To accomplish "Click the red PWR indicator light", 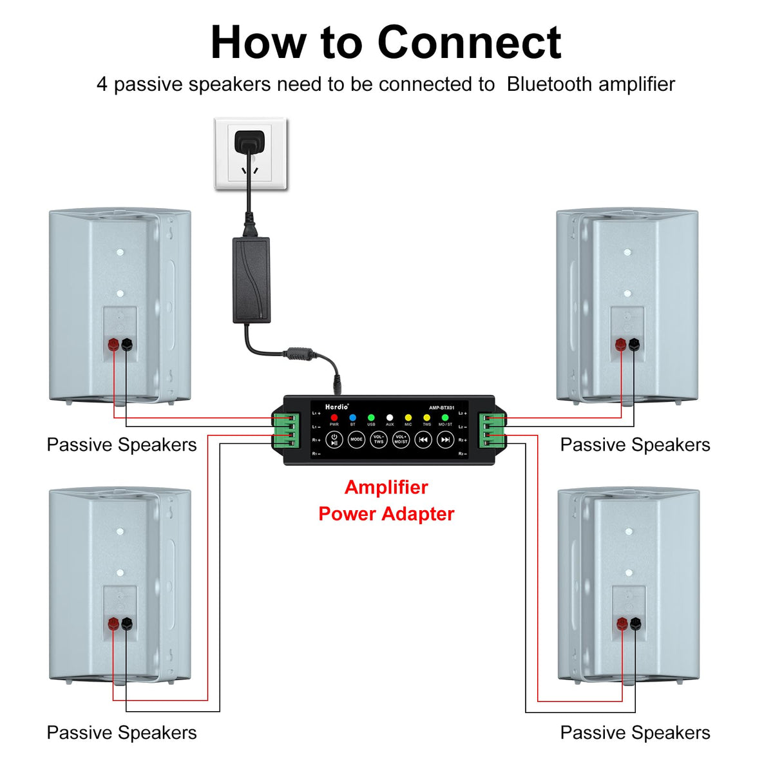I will click(334, 417).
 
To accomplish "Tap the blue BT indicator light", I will click(352, 417).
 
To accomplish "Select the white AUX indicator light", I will click(389, 417).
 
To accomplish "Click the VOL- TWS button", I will click(379, 439).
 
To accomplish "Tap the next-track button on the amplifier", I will click(445, 439).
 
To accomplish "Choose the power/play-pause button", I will click(334, 439).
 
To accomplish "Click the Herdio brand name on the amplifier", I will click(336, 407).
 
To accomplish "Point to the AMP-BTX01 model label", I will click(441, 408).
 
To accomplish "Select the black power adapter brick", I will click(251, 280).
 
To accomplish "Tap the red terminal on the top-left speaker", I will click(114, 344).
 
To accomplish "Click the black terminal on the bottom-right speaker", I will click(635, 623).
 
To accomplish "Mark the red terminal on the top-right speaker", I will click(621, 345).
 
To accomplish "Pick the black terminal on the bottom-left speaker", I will click(127, 623).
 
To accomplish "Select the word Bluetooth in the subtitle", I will click(549, 84).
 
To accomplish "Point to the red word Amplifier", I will click(386, 487).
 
